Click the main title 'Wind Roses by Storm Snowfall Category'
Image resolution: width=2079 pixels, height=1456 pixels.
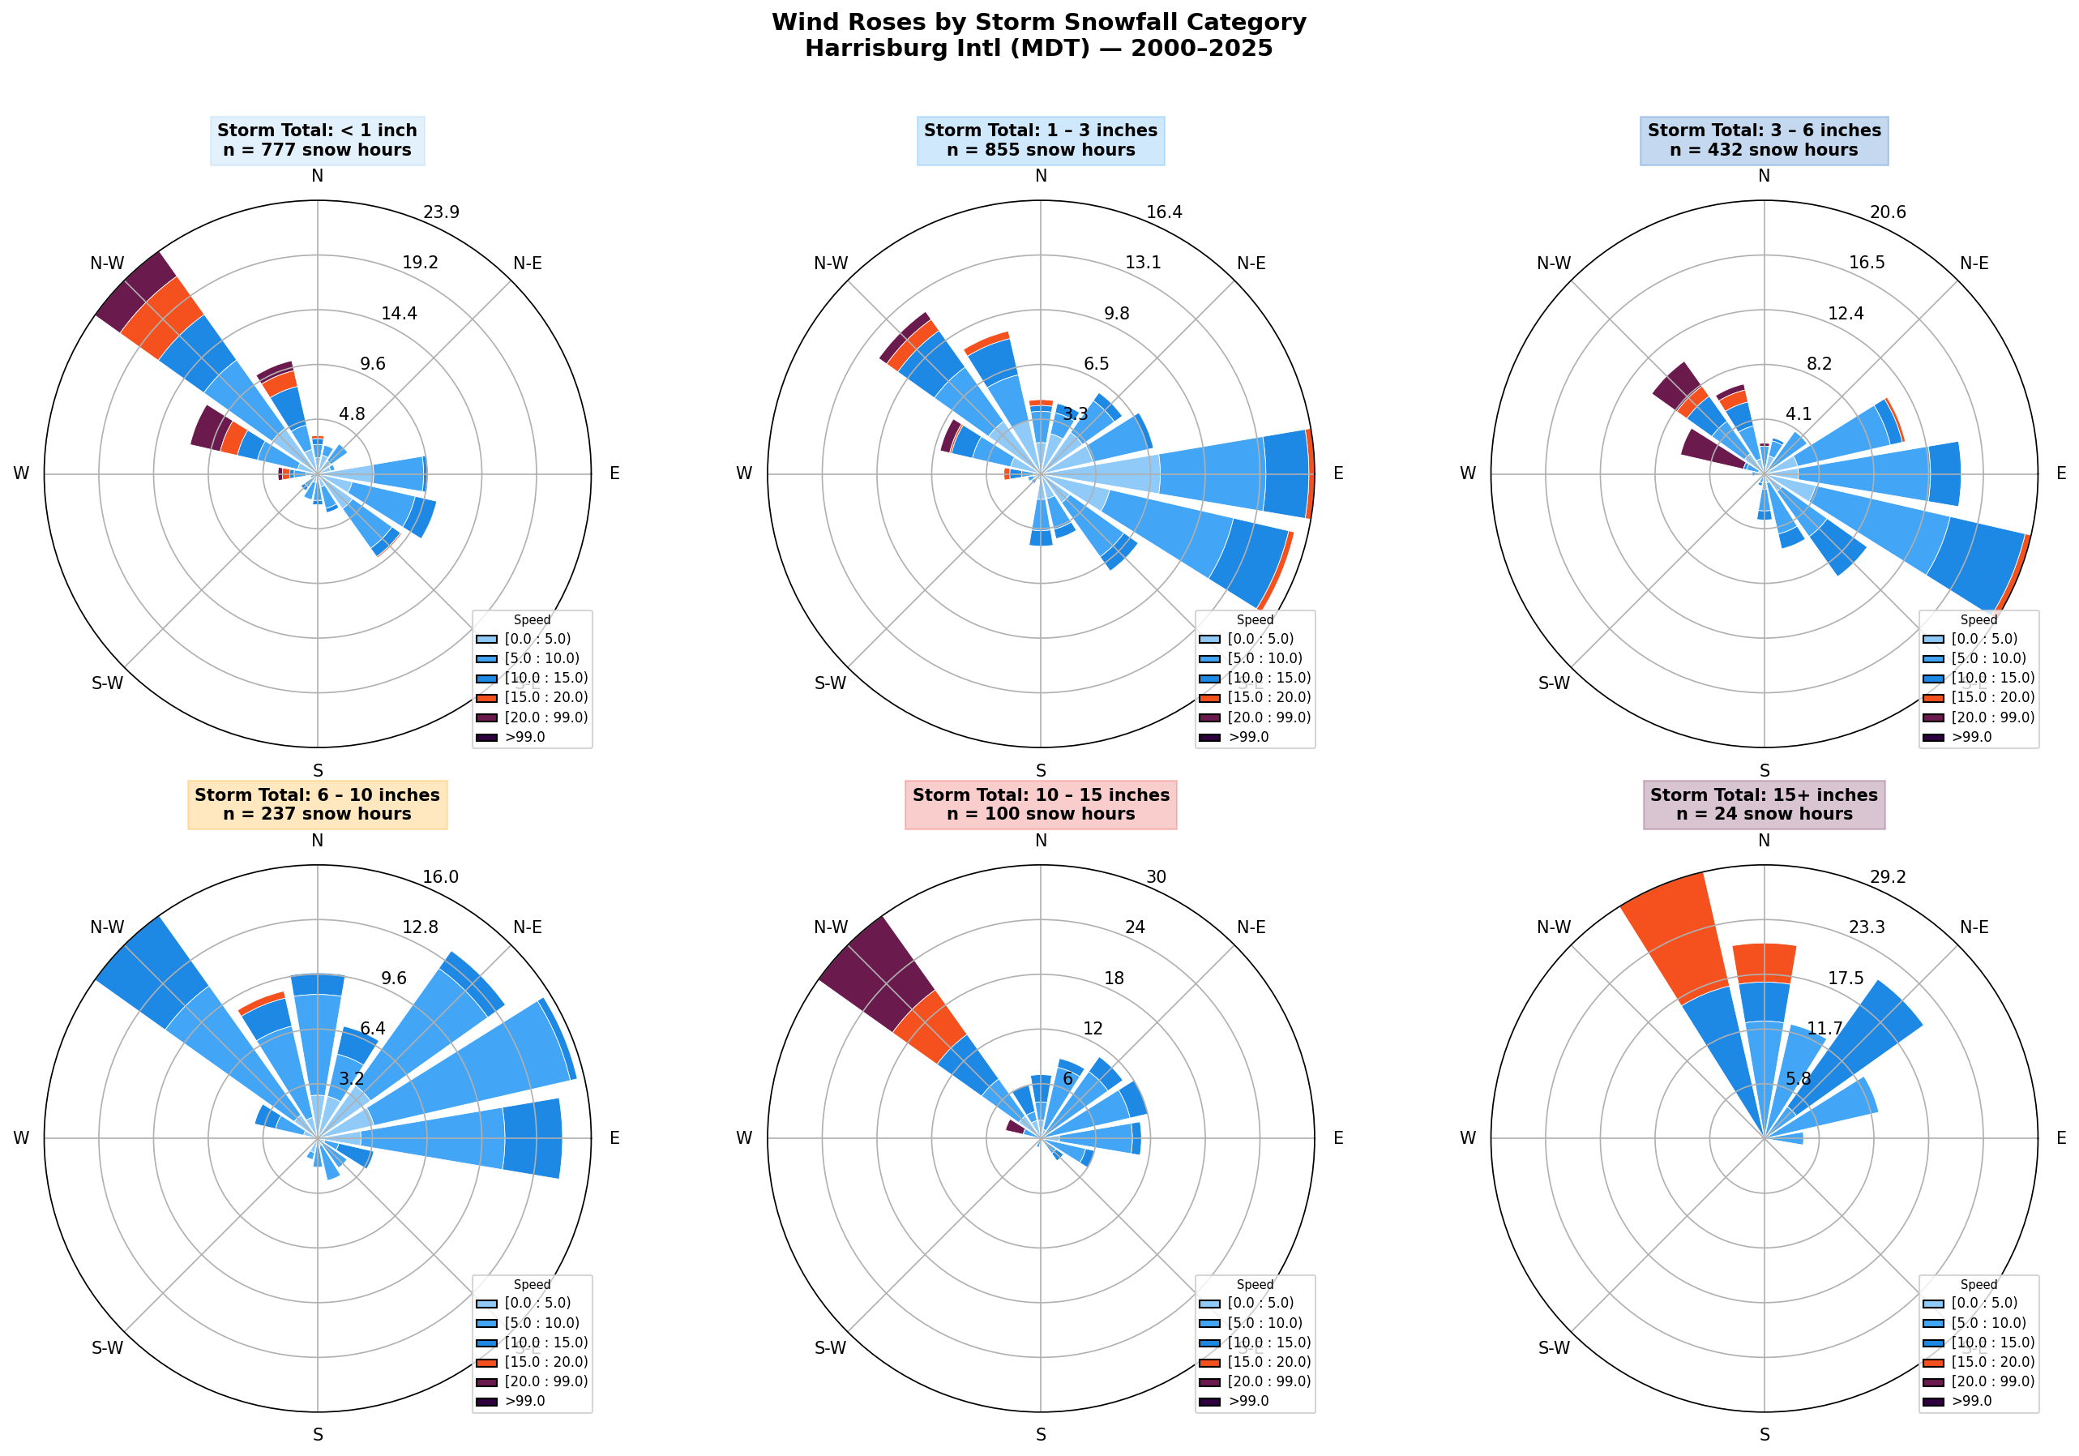tap(1038, 23)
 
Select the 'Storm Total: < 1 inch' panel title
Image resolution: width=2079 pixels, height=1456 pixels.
tap(317, 131)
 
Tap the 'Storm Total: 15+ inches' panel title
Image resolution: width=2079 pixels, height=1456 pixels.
tap(1763, 795)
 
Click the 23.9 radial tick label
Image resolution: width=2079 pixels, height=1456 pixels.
tap(441, 212)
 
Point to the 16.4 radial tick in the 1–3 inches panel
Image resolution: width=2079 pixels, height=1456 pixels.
tap(1164, 212)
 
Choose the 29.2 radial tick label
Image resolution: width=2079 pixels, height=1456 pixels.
tap(1887, 877)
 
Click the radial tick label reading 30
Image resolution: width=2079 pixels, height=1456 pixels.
tap(1157, 877)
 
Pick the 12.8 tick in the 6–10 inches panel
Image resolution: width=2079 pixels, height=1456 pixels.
tap(420, 927)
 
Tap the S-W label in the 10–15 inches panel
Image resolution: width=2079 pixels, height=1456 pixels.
tap(830, 1348)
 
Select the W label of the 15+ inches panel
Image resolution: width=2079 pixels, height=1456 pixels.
tap(1468, 1138)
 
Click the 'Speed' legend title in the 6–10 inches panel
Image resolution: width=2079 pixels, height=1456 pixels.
tap(532, 1285)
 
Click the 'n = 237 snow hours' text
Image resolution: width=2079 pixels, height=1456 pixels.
tap(317, 814)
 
